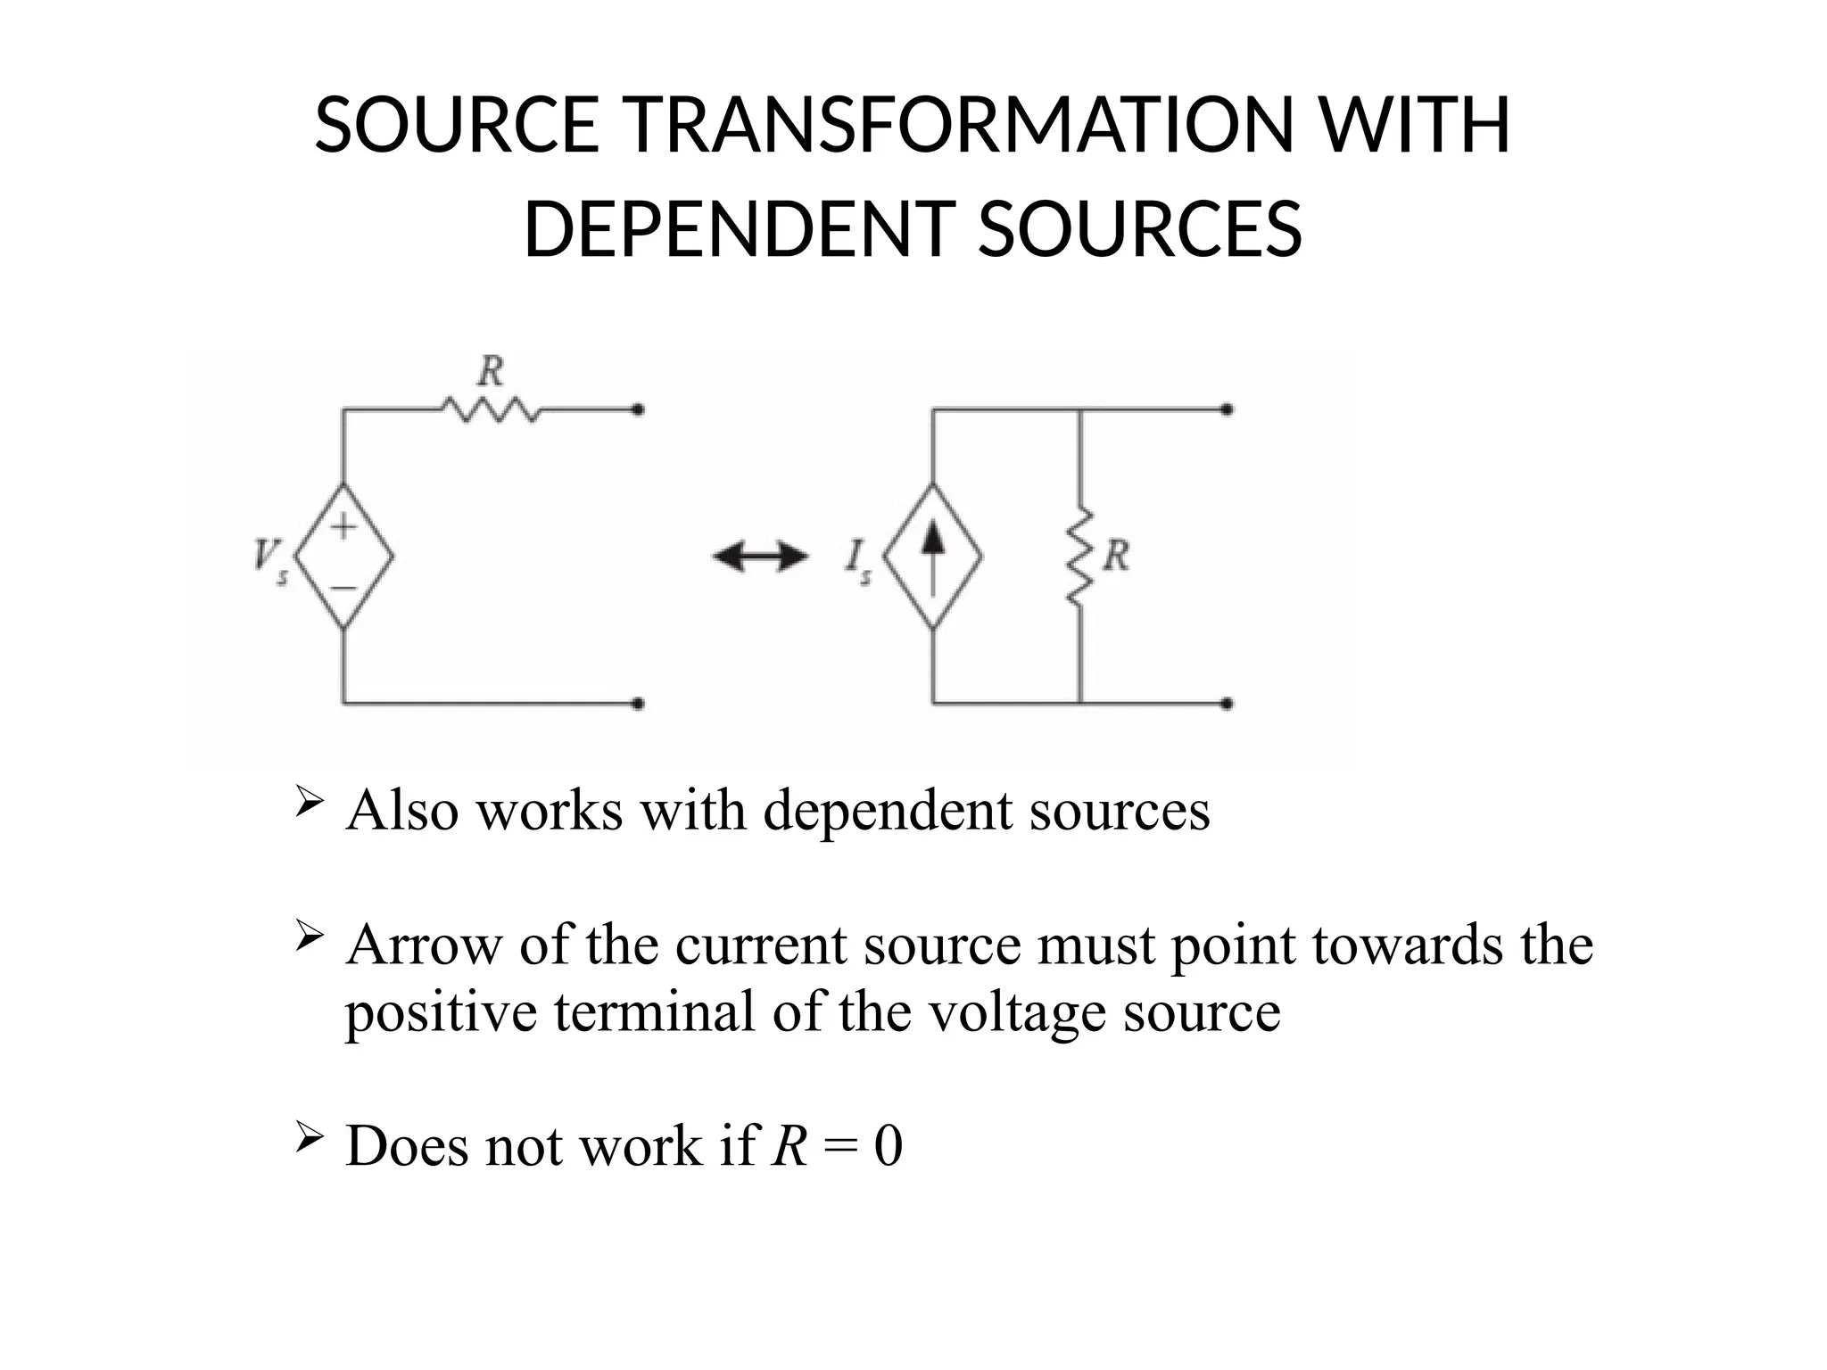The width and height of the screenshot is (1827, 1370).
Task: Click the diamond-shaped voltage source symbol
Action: point(344,556)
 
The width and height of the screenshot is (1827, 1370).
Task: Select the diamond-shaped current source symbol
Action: point(933,556)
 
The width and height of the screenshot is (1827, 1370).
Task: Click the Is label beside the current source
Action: point(857,559)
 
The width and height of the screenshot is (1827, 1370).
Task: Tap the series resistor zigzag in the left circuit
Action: point(491,410)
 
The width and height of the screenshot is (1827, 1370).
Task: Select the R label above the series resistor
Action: point(491,371)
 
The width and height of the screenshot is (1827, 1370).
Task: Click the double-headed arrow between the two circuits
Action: point(760,558)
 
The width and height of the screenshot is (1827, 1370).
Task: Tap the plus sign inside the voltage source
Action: point(344,526)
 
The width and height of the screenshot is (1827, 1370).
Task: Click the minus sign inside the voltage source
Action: point(344,588)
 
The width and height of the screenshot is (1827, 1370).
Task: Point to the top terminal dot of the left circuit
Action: point(638,410)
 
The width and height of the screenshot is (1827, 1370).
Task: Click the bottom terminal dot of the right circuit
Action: point(1228,704)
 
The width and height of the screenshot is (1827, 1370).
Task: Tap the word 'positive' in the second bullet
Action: point(441,1012)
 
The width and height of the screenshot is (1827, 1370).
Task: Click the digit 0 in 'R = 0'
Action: point(889,1146)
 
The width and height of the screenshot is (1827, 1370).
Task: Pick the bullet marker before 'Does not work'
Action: point(308,1138)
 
